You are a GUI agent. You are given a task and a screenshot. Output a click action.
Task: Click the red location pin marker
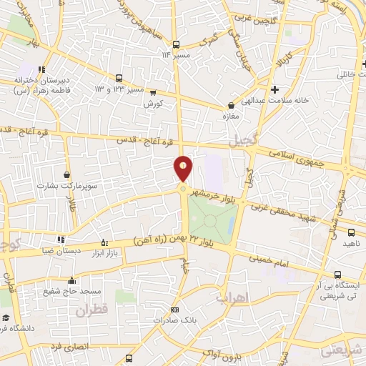183,169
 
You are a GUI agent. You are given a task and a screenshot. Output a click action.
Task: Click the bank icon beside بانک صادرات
174,310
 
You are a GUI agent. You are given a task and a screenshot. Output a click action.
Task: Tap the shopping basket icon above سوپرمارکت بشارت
66,174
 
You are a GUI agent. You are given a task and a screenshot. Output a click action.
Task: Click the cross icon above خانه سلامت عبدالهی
274,89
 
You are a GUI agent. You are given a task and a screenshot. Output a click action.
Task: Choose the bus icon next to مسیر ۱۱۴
187,54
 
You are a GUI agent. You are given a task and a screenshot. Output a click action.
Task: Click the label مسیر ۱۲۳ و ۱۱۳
119,90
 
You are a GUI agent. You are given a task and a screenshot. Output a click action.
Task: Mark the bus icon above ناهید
351,232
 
